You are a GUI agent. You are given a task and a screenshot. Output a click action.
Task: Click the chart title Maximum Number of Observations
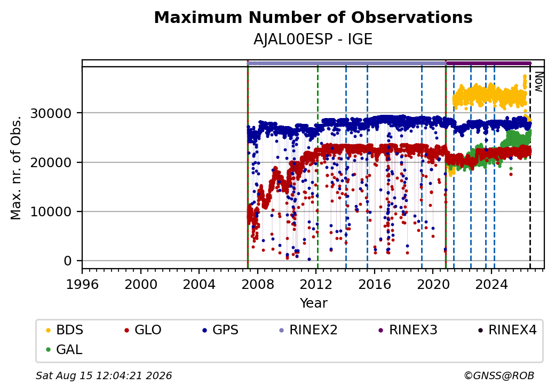(313, 17)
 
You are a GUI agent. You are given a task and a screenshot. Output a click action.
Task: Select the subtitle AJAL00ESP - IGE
(313, 40)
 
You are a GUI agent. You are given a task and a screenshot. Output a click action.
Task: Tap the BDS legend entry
(65, 330)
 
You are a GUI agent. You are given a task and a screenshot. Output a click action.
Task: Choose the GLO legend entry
(143, 330)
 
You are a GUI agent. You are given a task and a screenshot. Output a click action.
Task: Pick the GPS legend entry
(220, 330)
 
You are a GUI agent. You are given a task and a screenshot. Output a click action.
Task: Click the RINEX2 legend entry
(308, 330)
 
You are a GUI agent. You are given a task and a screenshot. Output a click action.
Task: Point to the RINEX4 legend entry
(508, 330)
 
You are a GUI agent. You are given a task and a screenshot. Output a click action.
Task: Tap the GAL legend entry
(64, 349)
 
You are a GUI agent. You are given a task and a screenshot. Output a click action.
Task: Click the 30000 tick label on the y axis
(51, 113)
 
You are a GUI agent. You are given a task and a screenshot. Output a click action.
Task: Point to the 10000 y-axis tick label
(51, 212)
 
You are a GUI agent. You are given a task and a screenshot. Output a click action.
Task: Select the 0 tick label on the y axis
(68, 261)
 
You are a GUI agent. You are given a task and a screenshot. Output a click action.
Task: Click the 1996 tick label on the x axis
(83, 284)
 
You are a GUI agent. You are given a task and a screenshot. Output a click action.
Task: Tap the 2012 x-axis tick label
(316, 284)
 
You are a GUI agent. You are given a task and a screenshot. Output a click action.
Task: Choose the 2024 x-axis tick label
(491, 284)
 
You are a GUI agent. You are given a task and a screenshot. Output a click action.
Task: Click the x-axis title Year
(314, 303)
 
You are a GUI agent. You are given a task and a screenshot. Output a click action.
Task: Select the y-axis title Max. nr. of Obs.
(16, 168)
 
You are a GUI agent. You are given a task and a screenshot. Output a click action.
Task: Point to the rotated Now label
(538, 82)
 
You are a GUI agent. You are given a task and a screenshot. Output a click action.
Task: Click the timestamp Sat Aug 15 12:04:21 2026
(104, 375)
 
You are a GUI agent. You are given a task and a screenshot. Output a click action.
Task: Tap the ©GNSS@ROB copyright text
(499, 375)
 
